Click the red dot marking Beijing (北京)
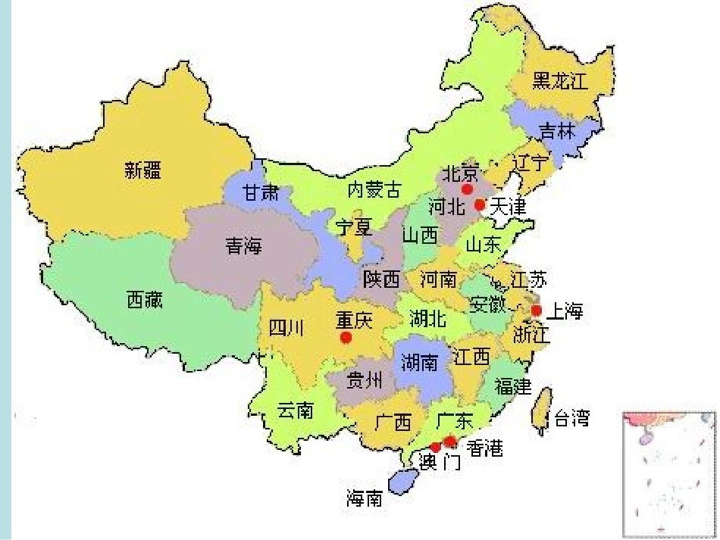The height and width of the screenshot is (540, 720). pyautogui.click(x=467, y=188)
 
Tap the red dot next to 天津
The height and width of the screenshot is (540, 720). pyautogui.click(x=479, y=204)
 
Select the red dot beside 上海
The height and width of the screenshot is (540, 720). pyautogui.click(x=537, y=310)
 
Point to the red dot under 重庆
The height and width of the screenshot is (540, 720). pyautogui.click(x=346, y=338)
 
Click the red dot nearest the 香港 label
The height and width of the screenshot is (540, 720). pyautogui.click(x=450, y=442)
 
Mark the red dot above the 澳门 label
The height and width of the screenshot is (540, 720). pyautogui.click(x=435, y=447)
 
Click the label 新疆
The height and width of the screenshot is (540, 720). pyautogui.click(x=143, y=170)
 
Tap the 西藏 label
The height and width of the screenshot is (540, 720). pyautogui.click(x=144, y=300)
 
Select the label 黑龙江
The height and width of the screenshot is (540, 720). pyautogui.click(x=561, y=82)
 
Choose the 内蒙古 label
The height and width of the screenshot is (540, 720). pyautogui.click(x=374, y=189)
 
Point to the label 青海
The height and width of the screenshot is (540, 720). pyautogui.click(x=243, y=245)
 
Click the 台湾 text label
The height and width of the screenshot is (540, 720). pyautogui.click(x=572, y=418)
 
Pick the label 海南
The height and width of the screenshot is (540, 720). pyautogui.click(x=365, y=499)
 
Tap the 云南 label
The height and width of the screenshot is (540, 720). pyautogui.click(x=295, y=410)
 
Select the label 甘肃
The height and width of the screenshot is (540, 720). pyautogui.click(x=261, y=192)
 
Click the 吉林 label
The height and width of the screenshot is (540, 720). pyautogui.click(x=558, y=130)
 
